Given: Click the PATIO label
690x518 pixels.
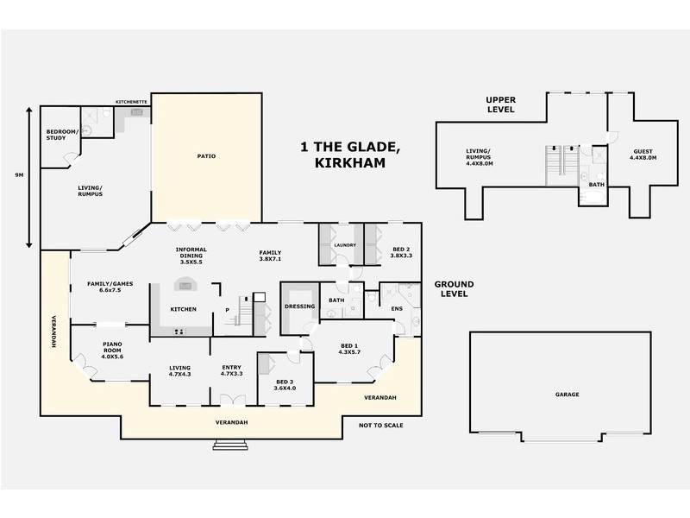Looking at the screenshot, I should point(205,156).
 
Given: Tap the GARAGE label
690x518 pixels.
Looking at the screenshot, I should point(568,395).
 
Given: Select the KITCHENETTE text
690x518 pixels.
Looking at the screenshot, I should point(132,102).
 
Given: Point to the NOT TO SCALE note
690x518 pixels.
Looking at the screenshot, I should point(381,425).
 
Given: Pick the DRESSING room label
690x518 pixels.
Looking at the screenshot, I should point(298,306).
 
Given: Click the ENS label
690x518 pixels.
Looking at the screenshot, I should point(397,308).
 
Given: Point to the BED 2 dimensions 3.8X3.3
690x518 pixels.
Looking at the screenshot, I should point(402,256).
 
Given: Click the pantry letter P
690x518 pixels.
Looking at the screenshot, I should point(227,309).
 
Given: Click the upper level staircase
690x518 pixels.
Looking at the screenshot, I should point(561,163).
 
